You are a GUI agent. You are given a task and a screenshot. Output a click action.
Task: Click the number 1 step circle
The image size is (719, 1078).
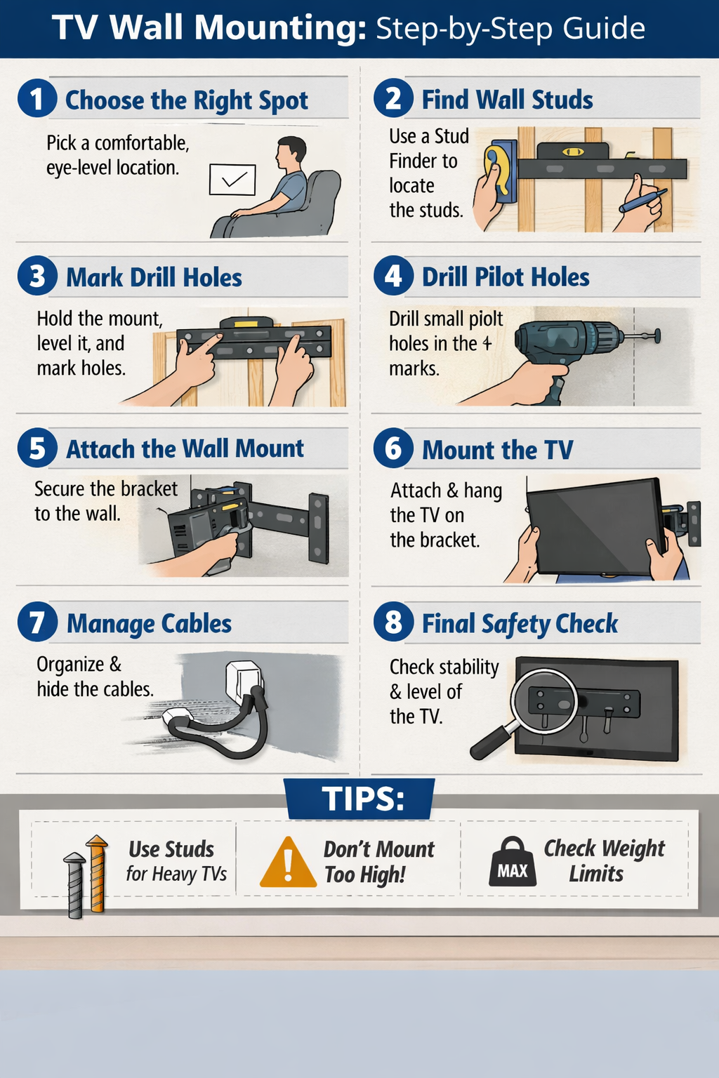37,98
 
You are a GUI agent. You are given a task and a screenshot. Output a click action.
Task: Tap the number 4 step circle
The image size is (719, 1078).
393,275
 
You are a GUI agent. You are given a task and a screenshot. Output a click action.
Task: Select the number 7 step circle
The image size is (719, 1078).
37,622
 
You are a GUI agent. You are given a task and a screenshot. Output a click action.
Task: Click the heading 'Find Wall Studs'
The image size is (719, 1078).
507,100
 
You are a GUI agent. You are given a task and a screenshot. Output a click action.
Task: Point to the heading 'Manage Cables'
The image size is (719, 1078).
149,623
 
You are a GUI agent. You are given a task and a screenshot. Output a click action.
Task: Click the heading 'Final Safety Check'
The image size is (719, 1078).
520,623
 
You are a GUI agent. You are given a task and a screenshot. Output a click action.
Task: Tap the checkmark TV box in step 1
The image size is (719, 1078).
232,180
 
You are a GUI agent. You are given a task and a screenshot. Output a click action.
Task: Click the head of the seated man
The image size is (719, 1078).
290,152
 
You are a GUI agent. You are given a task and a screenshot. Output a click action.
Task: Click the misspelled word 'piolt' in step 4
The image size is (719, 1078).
486,319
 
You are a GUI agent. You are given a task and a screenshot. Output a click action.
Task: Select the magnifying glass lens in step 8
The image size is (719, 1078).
544,701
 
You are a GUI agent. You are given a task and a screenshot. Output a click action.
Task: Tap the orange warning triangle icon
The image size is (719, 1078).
287,863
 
